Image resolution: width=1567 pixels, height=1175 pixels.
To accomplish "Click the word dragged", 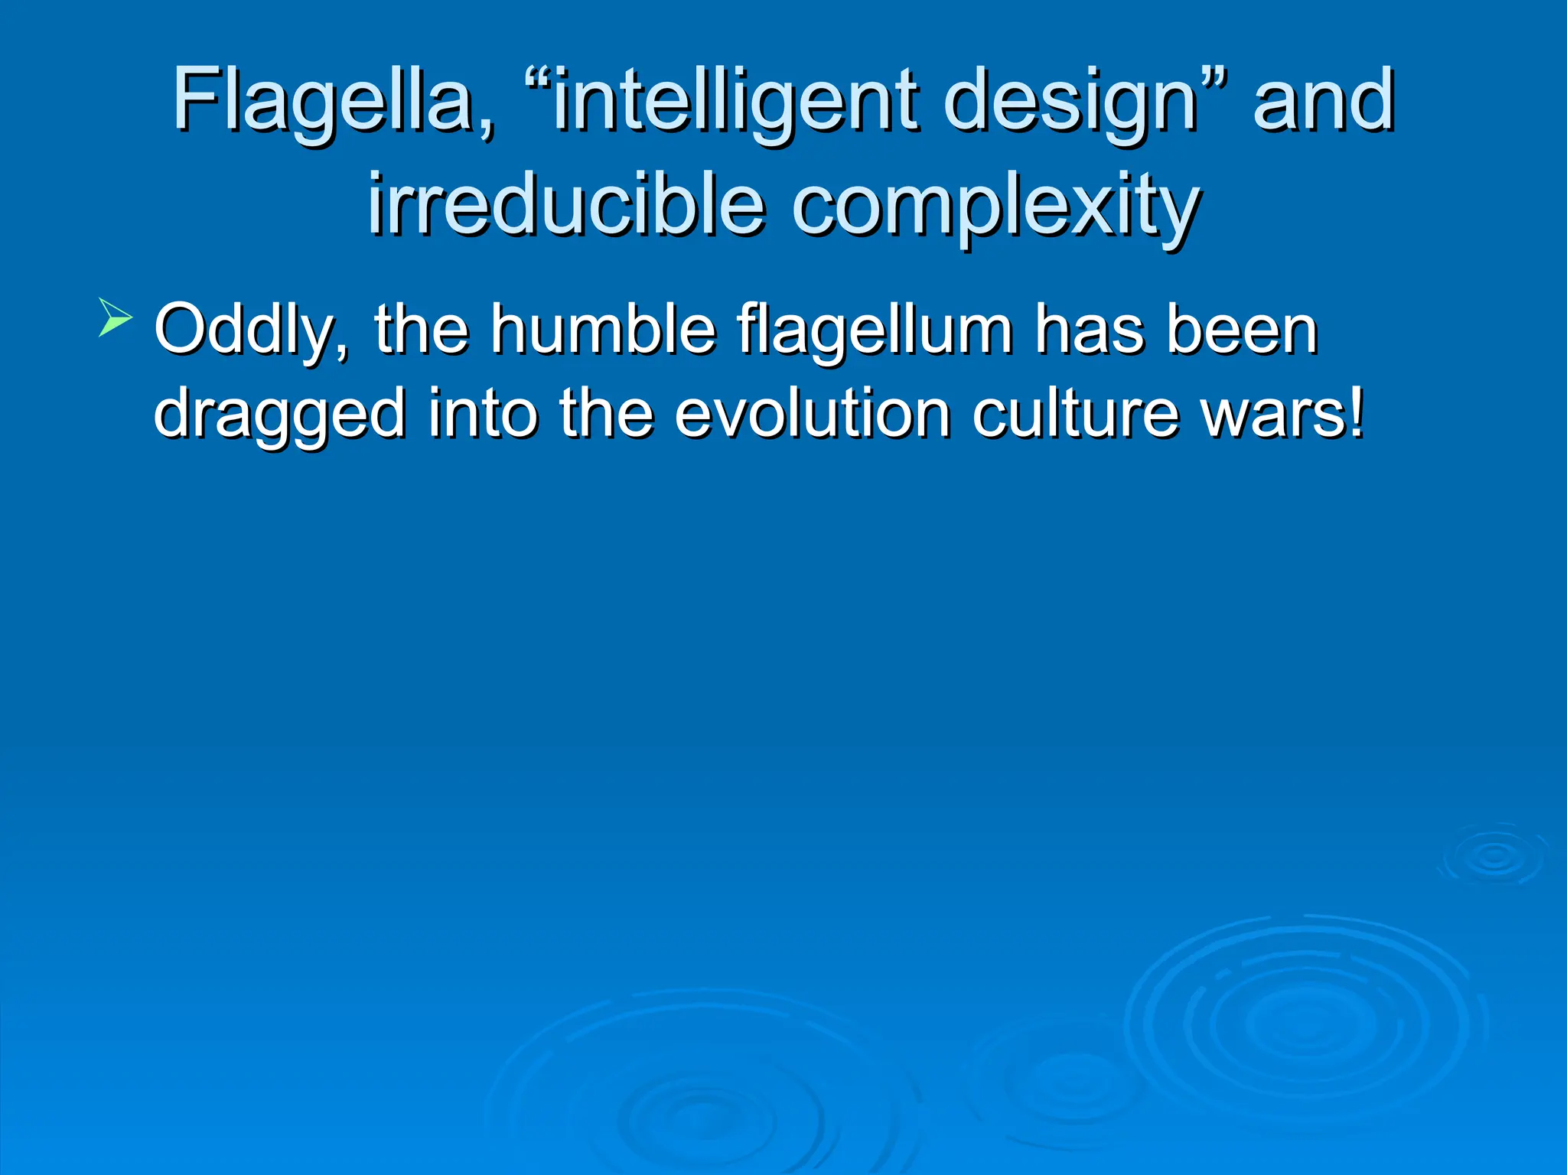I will [x=279, y=414].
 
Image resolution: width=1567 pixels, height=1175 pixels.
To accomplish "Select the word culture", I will [x=1075, y=414].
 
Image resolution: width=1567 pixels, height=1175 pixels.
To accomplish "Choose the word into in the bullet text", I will [x=482, y=414].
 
